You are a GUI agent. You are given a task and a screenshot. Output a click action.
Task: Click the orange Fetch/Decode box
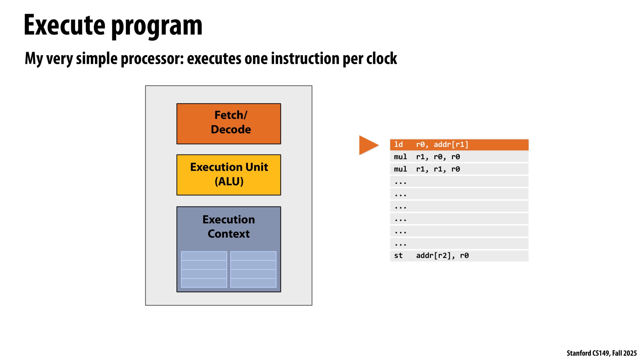[229, 124]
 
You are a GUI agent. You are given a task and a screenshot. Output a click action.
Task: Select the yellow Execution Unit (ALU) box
[229, 175]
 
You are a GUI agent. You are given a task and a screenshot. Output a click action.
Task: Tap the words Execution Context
[229, 226]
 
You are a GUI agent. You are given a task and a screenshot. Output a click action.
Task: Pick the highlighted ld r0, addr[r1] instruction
[459, 145]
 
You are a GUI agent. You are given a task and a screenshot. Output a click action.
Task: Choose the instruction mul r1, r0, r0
[459, 157]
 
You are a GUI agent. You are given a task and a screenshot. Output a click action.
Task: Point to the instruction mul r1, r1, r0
[459, 169]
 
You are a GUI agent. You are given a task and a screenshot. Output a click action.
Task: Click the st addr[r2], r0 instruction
[459, 256]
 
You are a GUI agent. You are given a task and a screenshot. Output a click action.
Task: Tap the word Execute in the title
[65, 25]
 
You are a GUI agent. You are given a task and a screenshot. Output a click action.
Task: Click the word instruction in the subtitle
[305, 58]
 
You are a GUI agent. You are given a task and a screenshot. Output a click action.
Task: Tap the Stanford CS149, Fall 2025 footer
[602, 353]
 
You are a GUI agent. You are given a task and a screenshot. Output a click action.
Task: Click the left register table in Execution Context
[204, 269]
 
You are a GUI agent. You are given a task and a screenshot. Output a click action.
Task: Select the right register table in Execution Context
[253, 269]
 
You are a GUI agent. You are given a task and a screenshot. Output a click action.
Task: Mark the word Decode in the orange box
[231, 129]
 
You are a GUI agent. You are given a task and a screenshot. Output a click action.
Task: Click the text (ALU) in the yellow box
[229, 181]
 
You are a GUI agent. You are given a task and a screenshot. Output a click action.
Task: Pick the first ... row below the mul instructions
[459, 181]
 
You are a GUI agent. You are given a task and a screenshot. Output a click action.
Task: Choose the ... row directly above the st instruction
[459, 243]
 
